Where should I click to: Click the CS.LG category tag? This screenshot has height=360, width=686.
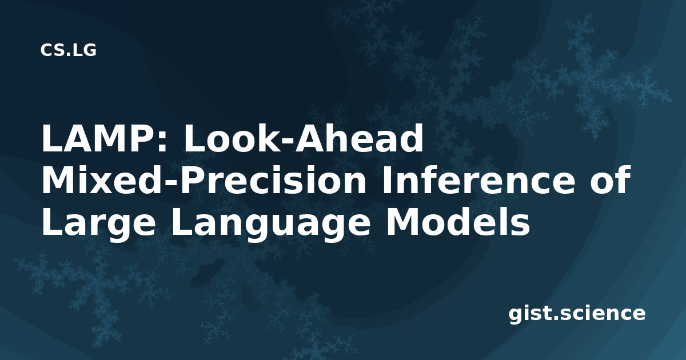click(x=68, y=50)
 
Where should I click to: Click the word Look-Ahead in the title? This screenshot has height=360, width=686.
click(x=304, y=138)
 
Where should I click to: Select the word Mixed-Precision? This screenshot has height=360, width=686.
click(x=204, y=180)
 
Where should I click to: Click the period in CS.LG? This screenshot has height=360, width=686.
click(x=67, y=54)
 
